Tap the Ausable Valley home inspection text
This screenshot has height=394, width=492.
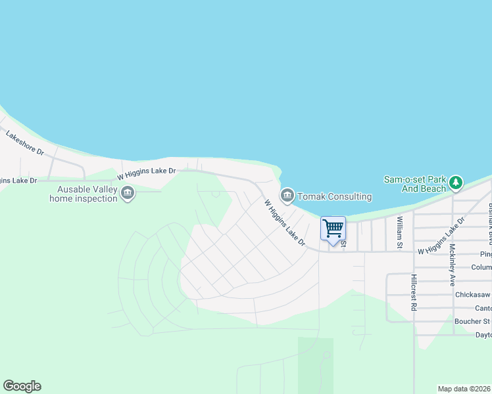coord(84,194)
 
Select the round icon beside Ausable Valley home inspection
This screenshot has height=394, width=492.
coord(128,194)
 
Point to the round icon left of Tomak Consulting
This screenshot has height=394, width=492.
coord(287,196)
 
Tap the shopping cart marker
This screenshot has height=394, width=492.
coord(333,229)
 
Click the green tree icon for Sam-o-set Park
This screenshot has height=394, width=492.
coord(456,183)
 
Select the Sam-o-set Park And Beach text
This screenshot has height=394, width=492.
coord(415,184)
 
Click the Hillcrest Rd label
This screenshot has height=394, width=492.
coord(414,297)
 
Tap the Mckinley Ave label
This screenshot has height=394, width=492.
coord(453,265)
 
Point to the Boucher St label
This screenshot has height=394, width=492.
coord(472,321)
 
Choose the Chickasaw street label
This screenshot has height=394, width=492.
coord(472,295)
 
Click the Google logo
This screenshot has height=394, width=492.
coord(22,386)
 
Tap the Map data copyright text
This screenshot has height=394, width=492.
coord(464,389)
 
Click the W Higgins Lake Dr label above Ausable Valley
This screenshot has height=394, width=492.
coord(147,173)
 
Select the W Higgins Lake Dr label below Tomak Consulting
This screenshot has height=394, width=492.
coord(285,223)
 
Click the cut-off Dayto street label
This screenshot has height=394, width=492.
coord(482,334)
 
